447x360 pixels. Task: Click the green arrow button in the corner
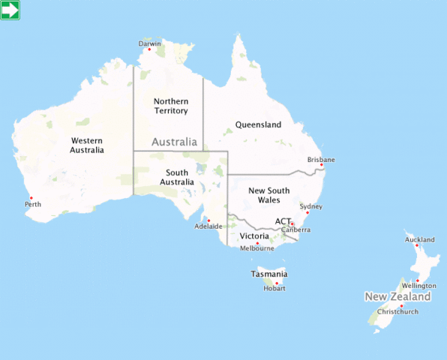click(10, 10)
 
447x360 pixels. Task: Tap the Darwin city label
click(150, 43)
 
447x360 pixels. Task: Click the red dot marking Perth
click(31, 198)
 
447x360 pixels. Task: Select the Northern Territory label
click(171, 106)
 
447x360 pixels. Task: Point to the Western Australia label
click(87, 145)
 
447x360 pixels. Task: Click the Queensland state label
click(258, 124)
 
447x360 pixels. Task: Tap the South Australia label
click(177, 177)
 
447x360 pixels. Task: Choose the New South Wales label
click(264, 195)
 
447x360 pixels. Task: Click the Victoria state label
click(254, 235)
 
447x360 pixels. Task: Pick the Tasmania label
click(268, 274)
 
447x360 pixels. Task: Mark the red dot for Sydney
click(307, 212)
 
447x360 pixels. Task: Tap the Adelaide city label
click(208, 226)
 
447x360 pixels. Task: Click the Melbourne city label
click(256, 248)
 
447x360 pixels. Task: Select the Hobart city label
click(274, 288)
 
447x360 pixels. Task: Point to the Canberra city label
click(295, 229)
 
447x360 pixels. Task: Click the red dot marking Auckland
click(416, 245)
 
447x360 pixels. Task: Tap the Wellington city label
click(419, 286)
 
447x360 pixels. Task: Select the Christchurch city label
click(397, 311)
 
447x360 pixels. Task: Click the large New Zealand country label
click(397, 297)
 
